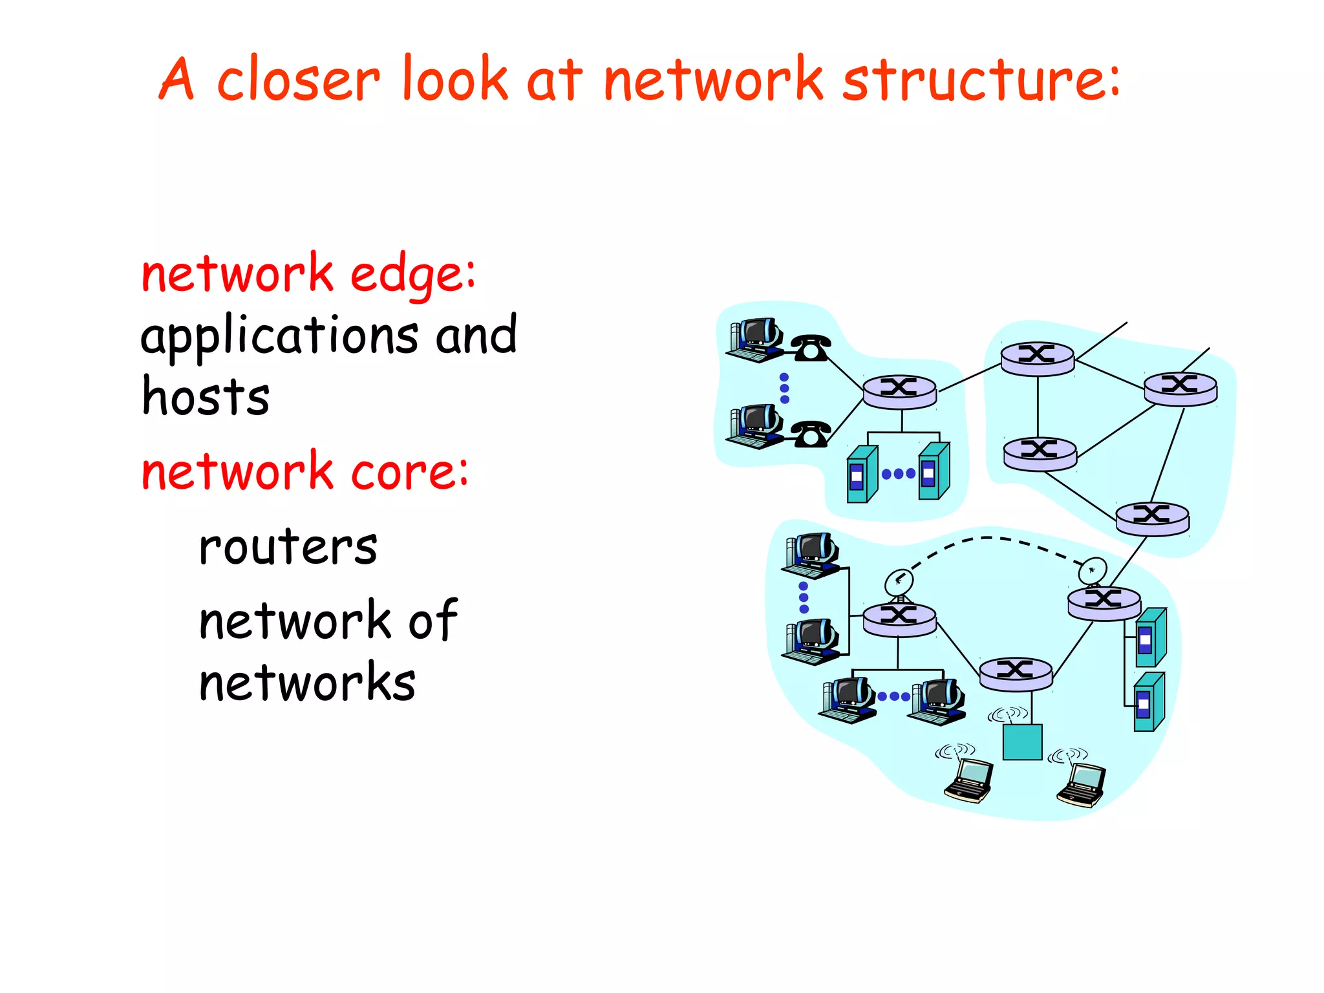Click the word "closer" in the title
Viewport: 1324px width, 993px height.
point(298,81)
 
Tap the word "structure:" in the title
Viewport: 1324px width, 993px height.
point(981,81)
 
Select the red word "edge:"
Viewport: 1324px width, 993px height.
point(412,275)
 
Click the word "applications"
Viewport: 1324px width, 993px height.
point(279,337)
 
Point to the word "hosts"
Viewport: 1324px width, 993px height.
point(205,396)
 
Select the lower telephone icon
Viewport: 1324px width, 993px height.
point(810,434)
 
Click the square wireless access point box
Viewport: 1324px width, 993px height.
point(1022,742)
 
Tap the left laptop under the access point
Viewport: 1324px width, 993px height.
point(969,781)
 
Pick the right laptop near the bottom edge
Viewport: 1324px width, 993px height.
point(1082,785)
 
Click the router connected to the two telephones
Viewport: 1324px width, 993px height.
point(899,392)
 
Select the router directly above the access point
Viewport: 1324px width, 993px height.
point(1016,673)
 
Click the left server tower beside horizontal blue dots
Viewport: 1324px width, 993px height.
point(862,475)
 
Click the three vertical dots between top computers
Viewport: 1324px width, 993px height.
point(784,388)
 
